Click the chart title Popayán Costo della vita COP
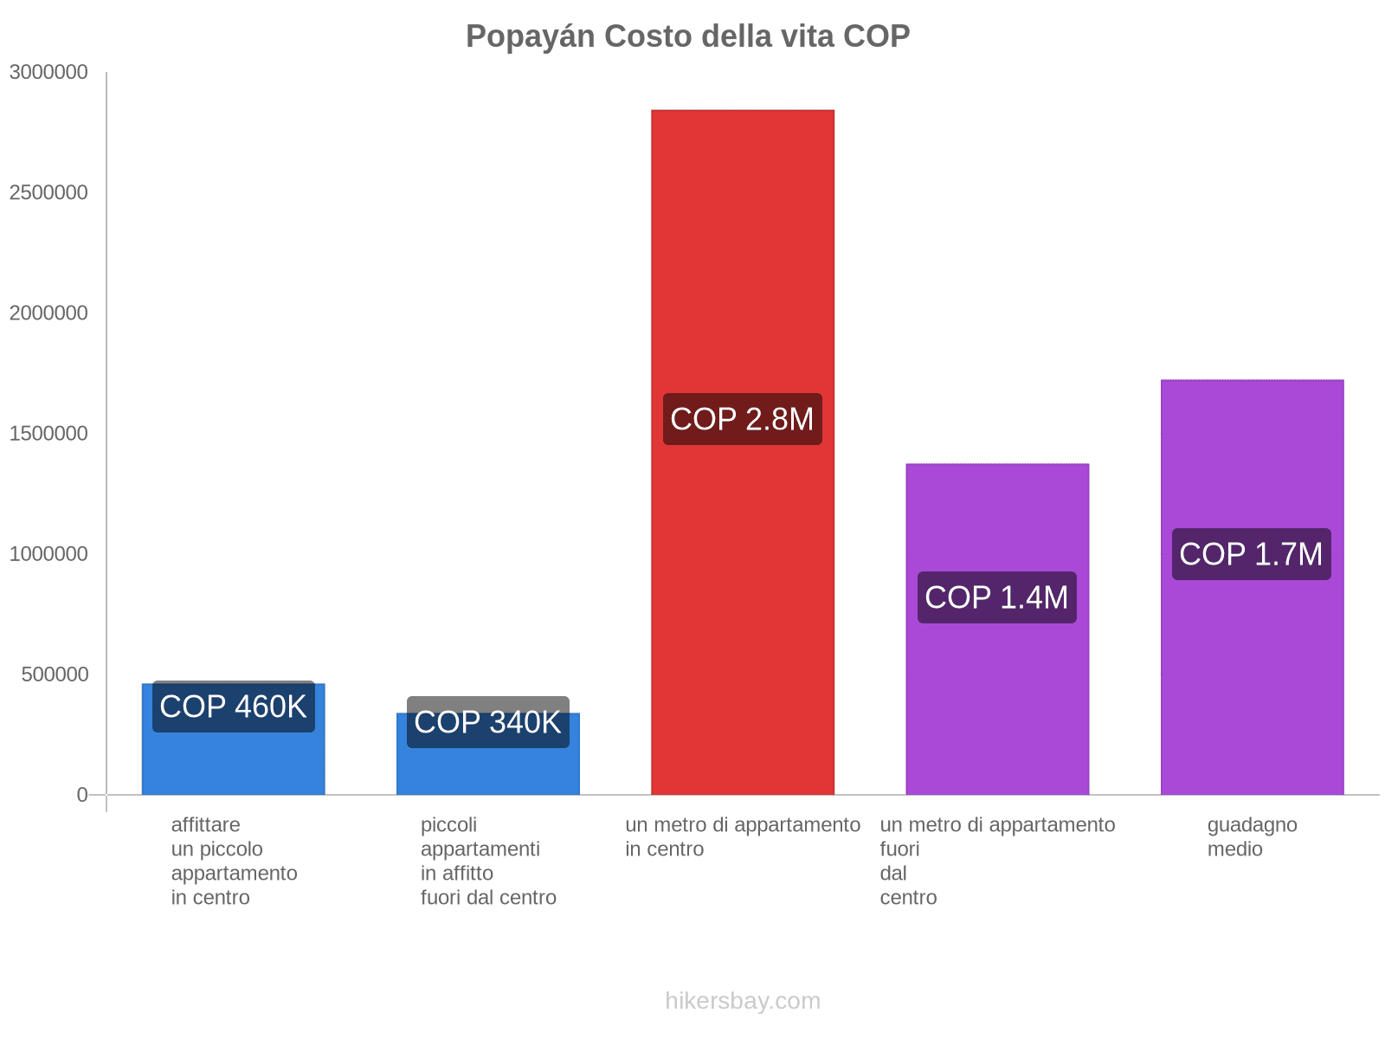click(x=687, y=36)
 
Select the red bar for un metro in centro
click(x=742, y=260)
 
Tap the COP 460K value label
click(x=233, y=707)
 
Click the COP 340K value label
click(x=487, y=722)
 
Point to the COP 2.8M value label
click(x=742, y=419)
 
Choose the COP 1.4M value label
click(x=996, y=597)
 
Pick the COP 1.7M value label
click(x=1251, y=554)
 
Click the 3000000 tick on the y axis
click(x=49, y=73)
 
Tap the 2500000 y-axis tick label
click(x=49, y=193)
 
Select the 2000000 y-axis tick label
click(x=49, y=313)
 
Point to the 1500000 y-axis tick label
click(x=49, y=434)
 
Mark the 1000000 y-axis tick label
click(x=49, y=554)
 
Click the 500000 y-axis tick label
click(x=55, y=674)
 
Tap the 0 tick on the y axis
click(x=82, y=795)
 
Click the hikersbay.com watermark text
click(x=742, y=1001)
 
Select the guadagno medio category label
click(x=1252, y=836)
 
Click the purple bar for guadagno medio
click(x=1252, y=693)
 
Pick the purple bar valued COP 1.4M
click(x=997, y=710)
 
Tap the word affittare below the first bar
click(x=206, y=825)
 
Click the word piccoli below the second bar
click(x=448, y=825)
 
